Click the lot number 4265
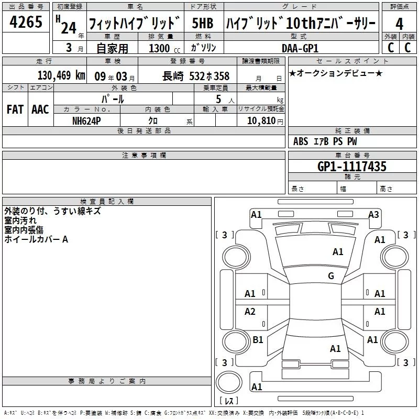[x=26, y=21]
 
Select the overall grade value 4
[x=399, y=24]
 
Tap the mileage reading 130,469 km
[x=61, y=75]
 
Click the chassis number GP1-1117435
[x=351, y=167]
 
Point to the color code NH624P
[x=86, y=121]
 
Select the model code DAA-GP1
[x=300, y=48]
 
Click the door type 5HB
[x=203, y=23]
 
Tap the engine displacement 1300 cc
[x=164, y=48]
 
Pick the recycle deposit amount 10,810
[x=261, y=121]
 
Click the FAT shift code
[x=15, y=109]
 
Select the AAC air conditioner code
[x=40, y=109]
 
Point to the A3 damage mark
[x=373, y=215]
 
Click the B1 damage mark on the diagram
[x=258, y=339]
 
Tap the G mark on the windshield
[x=331, y=275]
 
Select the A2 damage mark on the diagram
[x=250, y=311]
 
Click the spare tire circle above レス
[x=229, y=382]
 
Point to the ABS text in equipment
[x=301, y=141]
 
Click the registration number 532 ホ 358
[x=209, y=76]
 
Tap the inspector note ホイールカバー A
[x=36, y=239]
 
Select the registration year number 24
[x=69, y=28]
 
